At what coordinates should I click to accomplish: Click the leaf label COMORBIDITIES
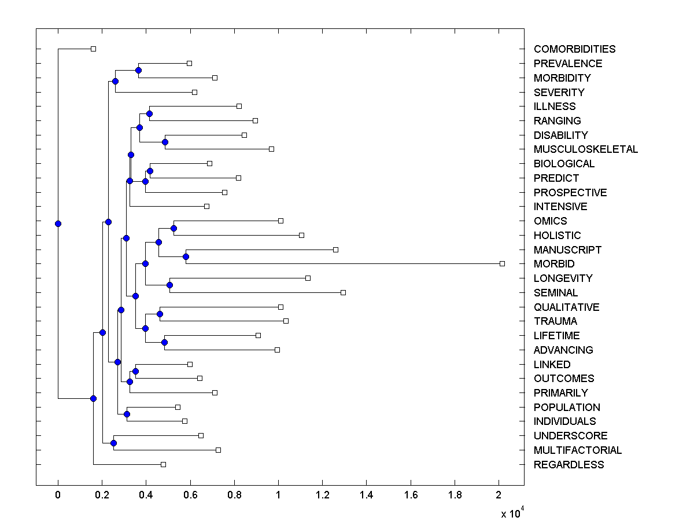tap(574, 49)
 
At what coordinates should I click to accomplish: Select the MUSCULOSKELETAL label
tap(586, 149)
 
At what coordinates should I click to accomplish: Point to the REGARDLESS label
tap(569, 465)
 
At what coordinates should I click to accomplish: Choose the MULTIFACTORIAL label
tap(578, 450)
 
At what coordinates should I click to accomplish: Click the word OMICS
tap(550, 221)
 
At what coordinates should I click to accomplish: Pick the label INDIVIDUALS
tap(564, 421)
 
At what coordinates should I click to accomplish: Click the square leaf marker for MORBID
tap(502, 263)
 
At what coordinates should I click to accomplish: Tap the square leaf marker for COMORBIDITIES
tap(94, 49)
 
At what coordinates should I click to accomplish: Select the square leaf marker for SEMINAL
tap(343, 292)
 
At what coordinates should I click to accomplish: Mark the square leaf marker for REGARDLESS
tap(163, 464)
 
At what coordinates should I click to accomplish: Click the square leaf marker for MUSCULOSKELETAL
tap(271, 149)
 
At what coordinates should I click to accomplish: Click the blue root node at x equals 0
tap(58, 223)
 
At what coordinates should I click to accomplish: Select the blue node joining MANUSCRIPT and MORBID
tap(186, 256)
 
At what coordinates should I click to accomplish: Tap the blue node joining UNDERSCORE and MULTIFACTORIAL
tap(113, 443)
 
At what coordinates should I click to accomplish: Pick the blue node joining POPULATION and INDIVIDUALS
tap(127, 414)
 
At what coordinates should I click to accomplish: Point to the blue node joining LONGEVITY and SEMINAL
tap(169, 285)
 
